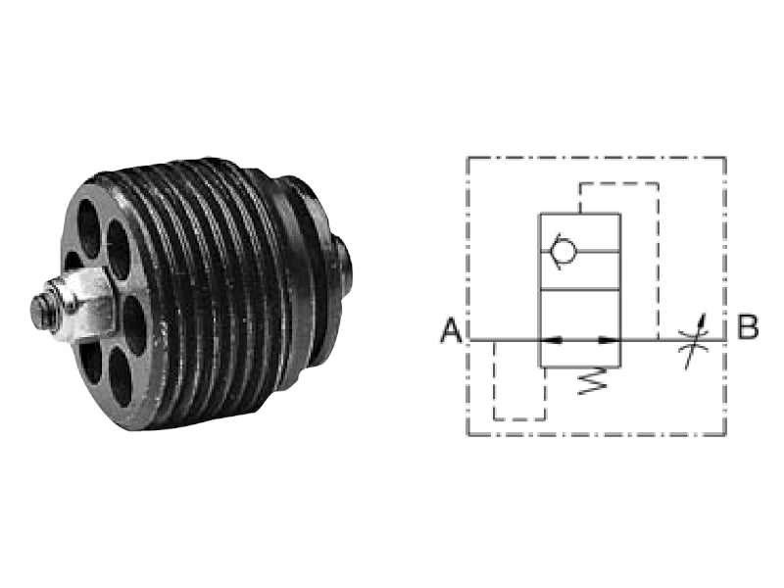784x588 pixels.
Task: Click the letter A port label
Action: tap(452, 331)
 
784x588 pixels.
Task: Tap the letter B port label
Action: tap(747, 326)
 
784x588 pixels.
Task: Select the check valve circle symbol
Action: tap(563, 251)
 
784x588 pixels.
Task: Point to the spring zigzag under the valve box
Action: tap(592, 381)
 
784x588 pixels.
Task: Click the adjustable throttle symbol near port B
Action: tap(693, 341)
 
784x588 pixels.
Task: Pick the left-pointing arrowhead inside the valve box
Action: tap(552, 340)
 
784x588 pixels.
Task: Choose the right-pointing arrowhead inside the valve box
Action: tap(609, 340)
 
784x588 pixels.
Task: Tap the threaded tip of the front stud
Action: tap(41, 306)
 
